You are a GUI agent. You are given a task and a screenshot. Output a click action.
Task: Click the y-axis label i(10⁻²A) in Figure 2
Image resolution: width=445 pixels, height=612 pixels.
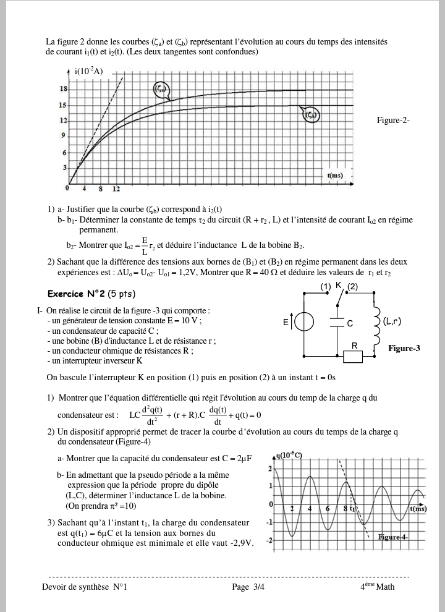coord(89,72)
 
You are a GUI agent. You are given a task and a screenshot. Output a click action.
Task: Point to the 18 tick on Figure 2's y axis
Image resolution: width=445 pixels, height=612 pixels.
coord(63,89)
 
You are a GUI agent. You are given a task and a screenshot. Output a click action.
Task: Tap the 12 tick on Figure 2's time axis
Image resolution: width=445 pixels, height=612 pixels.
coord(116,188)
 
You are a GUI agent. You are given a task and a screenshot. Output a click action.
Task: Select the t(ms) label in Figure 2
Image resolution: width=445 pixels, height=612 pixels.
coord(334,176)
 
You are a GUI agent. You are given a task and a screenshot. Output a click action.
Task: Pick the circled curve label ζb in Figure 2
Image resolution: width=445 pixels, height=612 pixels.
coord(310,114)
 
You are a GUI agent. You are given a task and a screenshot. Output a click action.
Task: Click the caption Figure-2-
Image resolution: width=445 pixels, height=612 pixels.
coord(393,121)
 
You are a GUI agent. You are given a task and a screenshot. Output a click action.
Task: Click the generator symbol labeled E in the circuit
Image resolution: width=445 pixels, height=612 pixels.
coord(303,322)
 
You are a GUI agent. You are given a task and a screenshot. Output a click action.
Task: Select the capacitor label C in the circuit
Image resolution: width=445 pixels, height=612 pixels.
coord(350,323)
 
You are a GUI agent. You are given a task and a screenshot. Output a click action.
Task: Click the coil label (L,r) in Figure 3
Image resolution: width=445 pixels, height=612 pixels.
coord(392,321)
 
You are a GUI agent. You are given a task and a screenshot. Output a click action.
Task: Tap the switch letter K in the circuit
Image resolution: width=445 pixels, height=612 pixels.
coord(339,286)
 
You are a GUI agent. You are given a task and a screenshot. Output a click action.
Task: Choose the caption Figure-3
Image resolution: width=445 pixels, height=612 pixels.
coord(404,349)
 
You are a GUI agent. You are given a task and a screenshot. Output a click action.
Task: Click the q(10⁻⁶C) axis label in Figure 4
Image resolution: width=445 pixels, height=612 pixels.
coord(290,456)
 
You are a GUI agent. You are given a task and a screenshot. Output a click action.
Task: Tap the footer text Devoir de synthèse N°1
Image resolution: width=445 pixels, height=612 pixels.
coord(85,587)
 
